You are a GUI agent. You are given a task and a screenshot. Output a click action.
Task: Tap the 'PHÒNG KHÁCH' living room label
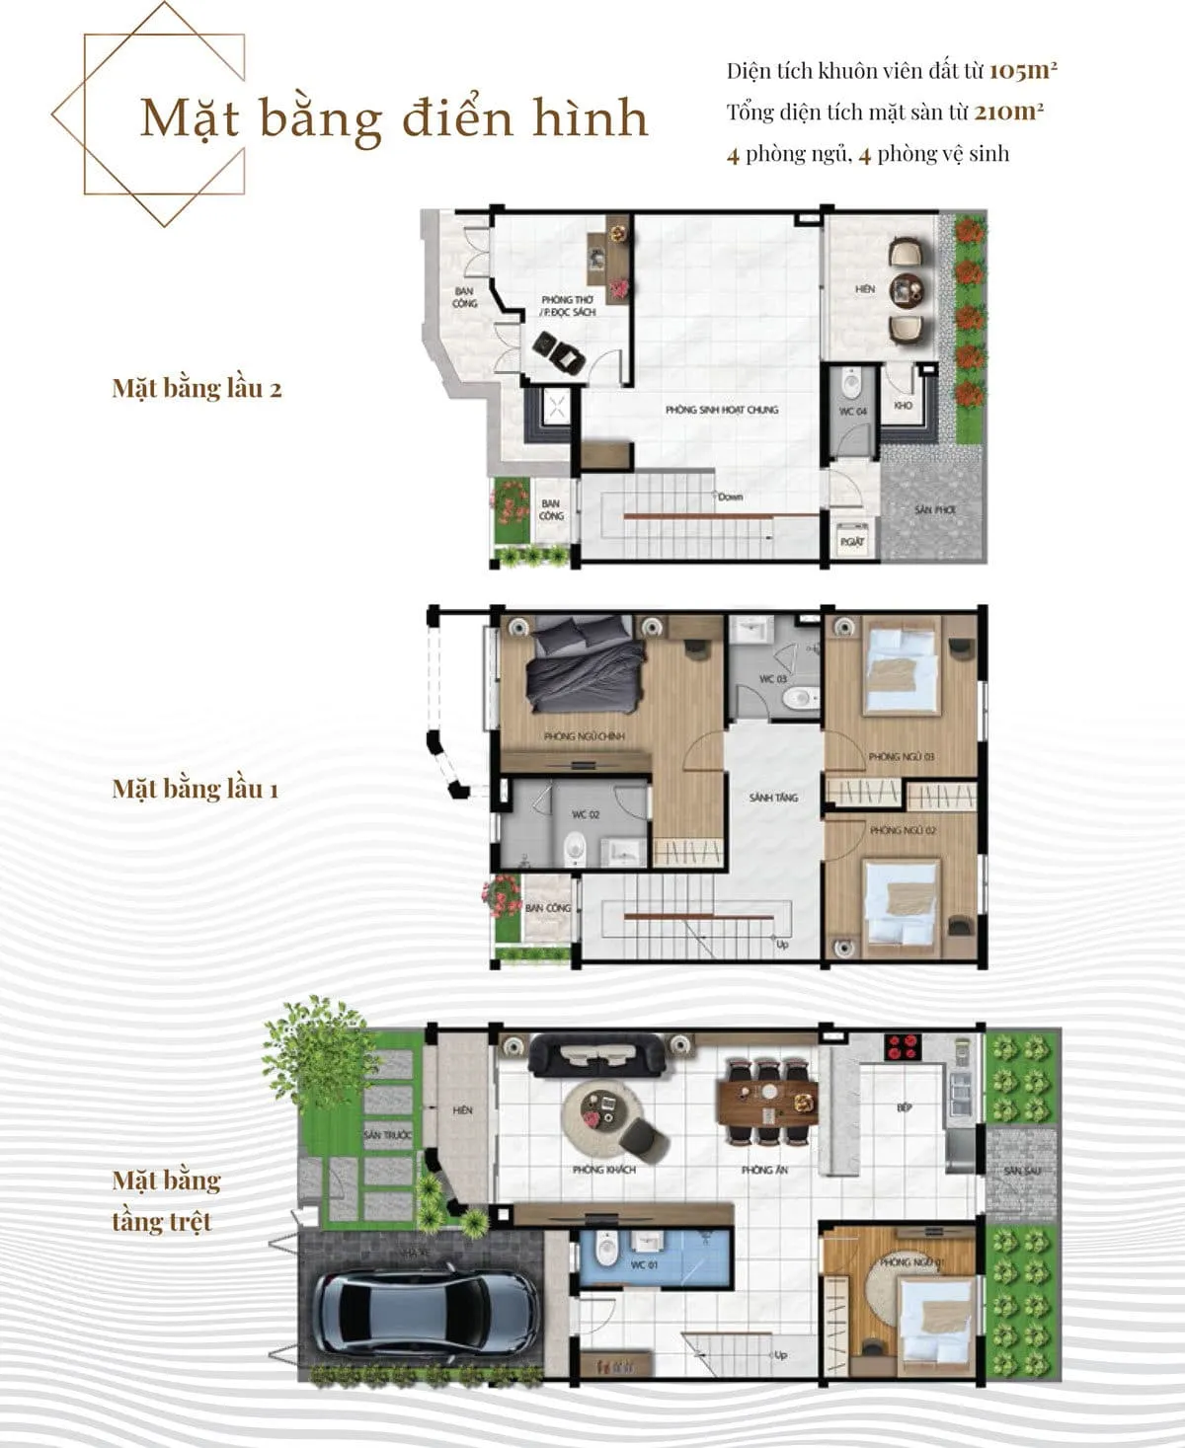[x=603, y=1170]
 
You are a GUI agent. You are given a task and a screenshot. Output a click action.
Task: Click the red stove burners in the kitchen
[x=902, y=1046]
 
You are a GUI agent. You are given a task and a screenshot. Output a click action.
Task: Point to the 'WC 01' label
[x=644, y=1264]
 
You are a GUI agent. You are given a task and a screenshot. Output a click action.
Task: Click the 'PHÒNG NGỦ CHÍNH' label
[x=584, y=736]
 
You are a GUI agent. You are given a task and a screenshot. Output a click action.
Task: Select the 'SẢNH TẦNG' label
[x=773, y=798]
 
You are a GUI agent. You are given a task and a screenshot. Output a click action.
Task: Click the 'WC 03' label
[x=772, y=679]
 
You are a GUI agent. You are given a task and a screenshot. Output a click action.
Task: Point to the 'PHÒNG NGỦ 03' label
[x=902, y=757]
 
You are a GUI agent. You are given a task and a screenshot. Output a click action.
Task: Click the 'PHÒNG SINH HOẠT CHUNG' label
[x=721, y=410]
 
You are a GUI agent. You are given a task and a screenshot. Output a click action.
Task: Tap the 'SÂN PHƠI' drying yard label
[x=934, y=510]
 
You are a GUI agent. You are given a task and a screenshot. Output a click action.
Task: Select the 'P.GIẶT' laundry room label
[x=851, y=541]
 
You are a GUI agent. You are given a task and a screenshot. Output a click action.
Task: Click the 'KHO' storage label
[x=903, y=406]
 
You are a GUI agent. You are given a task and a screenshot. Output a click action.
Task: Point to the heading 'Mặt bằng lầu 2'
[x=197, y=388]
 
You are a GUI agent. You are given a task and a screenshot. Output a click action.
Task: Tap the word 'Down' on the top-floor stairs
[x=731, y=496]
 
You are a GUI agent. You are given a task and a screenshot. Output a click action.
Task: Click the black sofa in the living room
[x=595, y=1056]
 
